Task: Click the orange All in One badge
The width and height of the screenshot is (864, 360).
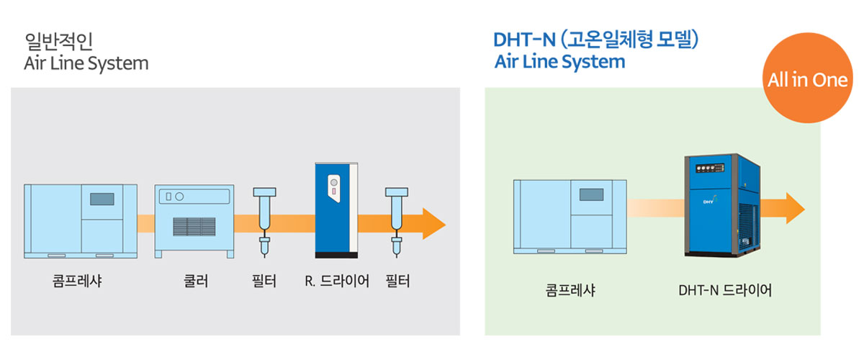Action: click(x=808, y=78)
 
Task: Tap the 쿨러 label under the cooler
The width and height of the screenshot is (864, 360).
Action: click(x=196, y=281)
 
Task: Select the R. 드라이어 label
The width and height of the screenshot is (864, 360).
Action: click(x=337, y=281)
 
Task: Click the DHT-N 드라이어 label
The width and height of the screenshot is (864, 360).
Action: click(x=725, y=290)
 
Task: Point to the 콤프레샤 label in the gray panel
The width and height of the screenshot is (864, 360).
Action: click(x=77, y=281)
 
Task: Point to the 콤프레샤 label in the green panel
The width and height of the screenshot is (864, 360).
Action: click(x=570, y=290)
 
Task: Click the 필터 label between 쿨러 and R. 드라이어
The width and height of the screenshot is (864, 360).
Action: click(x=264, y=281)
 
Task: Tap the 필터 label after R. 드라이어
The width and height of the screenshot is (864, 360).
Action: click(x=397, y=281)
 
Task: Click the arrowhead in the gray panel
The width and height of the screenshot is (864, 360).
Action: click(x=434, y=224)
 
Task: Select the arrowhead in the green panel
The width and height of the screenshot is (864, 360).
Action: click(x=796, y=208)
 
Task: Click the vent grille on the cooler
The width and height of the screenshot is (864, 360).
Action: click(x=194, y=227)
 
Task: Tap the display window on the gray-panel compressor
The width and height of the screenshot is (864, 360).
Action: click(x=102, y=199)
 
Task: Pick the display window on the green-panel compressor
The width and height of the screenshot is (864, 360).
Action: click(x=591, y=194)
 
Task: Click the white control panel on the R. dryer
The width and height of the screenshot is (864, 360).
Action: click(x=334, y=189)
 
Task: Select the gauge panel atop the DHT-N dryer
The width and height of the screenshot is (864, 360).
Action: click(x=710, y=168)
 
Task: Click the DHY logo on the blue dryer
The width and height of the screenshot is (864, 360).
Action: click(x=710, y=200)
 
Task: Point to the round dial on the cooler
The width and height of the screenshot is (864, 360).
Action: click(x=179, y=197)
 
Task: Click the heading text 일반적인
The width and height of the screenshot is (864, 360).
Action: click(x=58, y=41)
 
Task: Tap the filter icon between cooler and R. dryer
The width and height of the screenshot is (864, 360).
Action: click(x=265, y=222)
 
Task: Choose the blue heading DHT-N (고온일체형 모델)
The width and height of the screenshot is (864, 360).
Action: click(x=596, y=40)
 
